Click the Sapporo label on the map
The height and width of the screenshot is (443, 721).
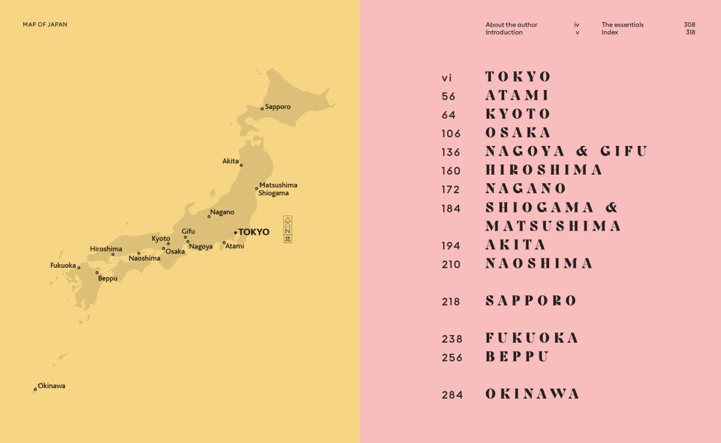click(x=278, y=107)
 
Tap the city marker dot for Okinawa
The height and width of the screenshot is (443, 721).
click(x=35, y=389)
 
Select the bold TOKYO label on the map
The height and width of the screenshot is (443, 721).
click(x=254, y=232)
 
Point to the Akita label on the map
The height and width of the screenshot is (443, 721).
click(x=230, y=161)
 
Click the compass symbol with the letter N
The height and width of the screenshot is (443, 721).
click(x=287, y=229)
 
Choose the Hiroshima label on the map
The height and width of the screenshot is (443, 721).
click(x=106, y=249)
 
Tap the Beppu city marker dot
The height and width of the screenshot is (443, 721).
click(x=97, y=273)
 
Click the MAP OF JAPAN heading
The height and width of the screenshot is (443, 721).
click(x=45, y=25)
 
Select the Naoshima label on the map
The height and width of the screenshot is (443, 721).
click(x=144, y=258)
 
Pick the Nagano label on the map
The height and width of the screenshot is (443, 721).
click(x=222, y=212)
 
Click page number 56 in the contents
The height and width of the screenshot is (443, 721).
click(x=448, y=96)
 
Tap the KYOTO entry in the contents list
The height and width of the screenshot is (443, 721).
click(x=518, y=114)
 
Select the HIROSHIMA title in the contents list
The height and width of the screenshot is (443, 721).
click(x=544, y=170)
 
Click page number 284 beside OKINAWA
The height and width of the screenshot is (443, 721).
click(x=452, y=394)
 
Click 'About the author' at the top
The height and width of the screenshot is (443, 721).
click(x=511, y=25)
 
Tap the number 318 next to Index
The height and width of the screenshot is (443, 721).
click(x=690, y=32)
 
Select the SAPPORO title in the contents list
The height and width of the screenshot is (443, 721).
click(x=531, y=301)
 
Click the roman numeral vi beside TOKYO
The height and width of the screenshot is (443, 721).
click(x=446, y=77)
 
